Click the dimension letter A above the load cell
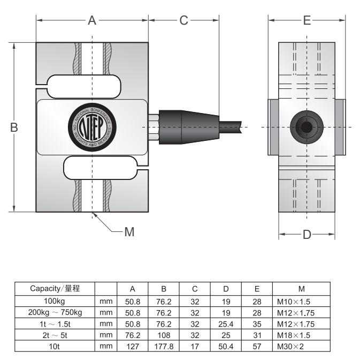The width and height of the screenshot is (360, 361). pos(92,21)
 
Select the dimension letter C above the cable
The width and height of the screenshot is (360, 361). pos(183,21)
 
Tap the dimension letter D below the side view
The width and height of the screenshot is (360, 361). pos(307,235)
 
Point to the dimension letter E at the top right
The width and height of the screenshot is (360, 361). pos(307,21)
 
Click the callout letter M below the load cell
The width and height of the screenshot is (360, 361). pos(128,232)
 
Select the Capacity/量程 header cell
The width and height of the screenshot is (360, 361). pos(56,289)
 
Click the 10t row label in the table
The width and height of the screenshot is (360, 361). pos(56,346)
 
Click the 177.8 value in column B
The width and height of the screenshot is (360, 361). pos(165,346)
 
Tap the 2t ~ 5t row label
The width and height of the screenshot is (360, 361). pos(56,335)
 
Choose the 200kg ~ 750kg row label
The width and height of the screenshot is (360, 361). pos(56,312)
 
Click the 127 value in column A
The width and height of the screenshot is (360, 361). pos(132,346)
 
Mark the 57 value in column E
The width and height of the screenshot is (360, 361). pos(257,346)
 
